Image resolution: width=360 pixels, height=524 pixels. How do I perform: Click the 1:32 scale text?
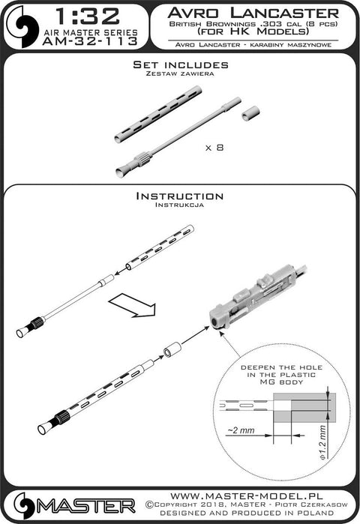tap(87, 16)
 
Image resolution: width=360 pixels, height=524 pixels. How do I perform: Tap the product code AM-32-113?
tap(90, 41)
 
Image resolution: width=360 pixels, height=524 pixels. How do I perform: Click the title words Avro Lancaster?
tap(253, 13)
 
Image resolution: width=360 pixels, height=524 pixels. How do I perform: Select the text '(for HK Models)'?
tap(253, 31)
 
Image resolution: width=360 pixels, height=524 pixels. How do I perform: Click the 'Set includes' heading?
tap(181, 64)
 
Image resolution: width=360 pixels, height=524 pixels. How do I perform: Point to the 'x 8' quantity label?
tap(214, 148)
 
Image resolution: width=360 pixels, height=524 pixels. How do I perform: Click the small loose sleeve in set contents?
tap(250, 113)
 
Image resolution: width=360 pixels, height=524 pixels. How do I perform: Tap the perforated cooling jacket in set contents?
tap(158, 114)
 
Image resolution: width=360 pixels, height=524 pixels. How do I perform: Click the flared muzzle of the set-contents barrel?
tap(123, 170)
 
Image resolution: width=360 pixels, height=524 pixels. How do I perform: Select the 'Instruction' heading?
tap(180, 196)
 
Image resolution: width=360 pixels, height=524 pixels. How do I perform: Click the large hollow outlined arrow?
tap(133, 305)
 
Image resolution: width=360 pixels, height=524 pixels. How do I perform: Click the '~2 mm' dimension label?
tap(241, 430)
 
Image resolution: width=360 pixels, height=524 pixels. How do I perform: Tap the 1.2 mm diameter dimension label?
tap(322, 442)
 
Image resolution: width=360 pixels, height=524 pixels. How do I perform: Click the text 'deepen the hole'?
tap(282, 367)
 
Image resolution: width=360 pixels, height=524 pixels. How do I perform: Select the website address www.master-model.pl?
tap(247, 496)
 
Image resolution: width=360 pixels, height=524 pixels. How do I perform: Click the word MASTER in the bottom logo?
tap(86, 507)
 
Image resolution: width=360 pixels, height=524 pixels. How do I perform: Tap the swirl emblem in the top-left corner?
tap(22, 26)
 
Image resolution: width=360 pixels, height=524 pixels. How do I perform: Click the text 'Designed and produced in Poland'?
tap(247, 513)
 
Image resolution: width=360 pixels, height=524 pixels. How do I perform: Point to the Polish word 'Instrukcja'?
tap(179, 205)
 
